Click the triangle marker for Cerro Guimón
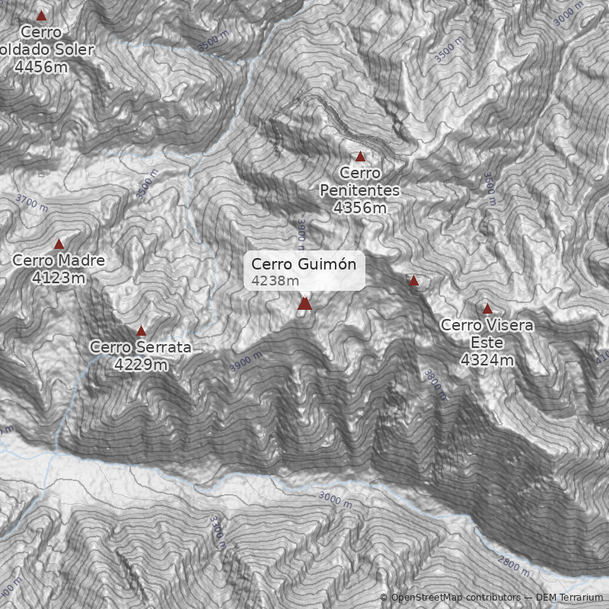[305, 304]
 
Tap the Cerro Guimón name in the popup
[304, 264]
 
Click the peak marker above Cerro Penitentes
[361, 157]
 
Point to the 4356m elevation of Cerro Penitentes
[360, 206]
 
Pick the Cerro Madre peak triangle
[59, 244]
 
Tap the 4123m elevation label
[59, 278]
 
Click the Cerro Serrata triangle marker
[141, 331]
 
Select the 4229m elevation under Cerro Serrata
[141, 365]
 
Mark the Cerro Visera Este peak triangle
[488, 309]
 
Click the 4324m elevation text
[487, 359]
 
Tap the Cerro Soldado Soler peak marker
[42, 16]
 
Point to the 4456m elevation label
[41, 66]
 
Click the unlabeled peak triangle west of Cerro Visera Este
[414, 281]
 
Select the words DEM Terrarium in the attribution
[569, 598]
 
